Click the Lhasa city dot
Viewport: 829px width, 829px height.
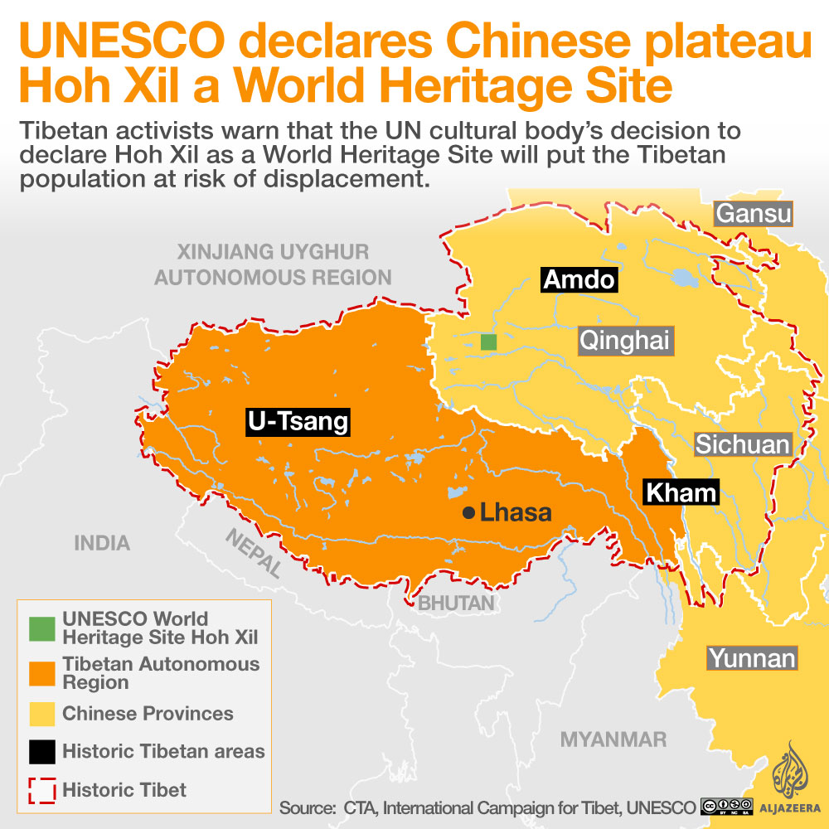pos(468,513)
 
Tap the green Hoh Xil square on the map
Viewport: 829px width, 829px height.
pos(488,342)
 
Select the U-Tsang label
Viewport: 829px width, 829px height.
pos(298,422)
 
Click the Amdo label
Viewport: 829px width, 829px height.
pos(579,279)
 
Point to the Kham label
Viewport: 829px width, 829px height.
pos(681,492)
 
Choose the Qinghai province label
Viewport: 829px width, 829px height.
pos(623,340)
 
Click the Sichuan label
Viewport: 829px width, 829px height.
pos(742,444)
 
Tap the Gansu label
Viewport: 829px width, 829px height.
pos(754,214)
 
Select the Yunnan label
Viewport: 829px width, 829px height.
pos(751,659)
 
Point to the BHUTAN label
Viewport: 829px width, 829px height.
pos(456,603)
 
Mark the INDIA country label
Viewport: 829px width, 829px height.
pos(102,543)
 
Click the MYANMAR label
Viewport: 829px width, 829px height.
pos(613,739)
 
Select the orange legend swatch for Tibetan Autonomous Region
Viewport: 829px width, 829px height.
pos(42,673)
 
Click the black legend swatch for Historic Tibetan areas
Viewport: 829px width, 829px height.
pos(42,752)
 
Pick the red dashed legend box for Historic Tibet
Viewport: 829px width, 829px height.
pos(42,790)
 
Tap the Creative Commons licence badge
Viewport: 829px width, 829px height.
pos(726,807)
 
